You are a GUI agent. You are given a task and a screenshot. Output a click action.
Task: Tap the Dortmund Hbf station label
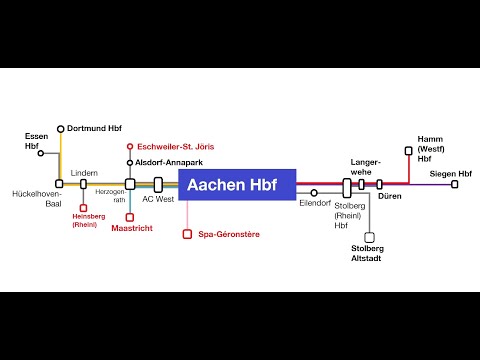pyautogui.click(x=99, y=129)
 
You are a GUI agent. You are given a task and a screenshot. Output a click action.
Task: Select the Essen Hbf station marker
pyautogui.click(x=41, y=153)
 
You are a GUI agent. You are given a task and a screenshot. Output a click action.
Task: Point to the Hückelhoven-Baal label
pyautogui.click(x=37, y=200)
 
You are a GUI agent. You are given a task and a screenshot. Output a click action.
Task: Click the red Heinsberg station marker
pyautogui.click(x=84, y=210)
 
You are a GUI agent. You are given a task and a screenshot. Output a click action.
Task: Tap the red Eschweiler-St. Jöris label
pyautogui.click(x=175, y=147)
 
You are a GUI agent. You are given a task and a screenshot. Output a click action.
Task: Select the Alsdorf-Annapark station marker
pyautogui.click(x=130, y=161)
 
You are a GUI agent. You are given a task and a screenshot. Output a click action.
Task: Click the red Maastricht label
pyautogui.click(x=131, y=229)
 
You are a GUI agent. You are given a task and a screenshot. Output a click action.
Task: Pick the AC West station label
pyautogui.click(x=158, y=199)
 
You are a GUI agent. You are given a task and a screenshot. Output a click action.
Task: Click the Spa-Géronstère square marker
pyautogui.click(x=186, y=234)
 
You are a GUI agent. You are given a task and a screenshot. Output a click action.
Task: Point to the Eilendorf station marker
pyautogui.click(x=314, y=193)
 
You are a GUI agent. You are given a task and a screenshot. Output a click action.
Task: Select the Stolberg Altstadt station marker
pyautogui.click(x=369, y=238)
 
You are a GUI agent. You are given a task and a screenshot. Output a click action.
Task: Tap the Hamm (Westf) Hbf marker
pyautogui.click(x=408, y=151)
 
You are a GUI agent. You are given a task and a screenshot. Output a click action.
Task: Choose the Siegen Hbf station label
pyautogui.click(x=450, y=172)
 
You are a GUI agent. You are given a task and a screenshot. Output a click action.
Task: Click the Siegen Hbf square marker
pyautogui.click(x=455, y=184)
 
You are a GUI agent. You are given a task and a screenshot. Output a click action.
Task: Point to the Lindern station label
pyautogui.click(x=85, y=172)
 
